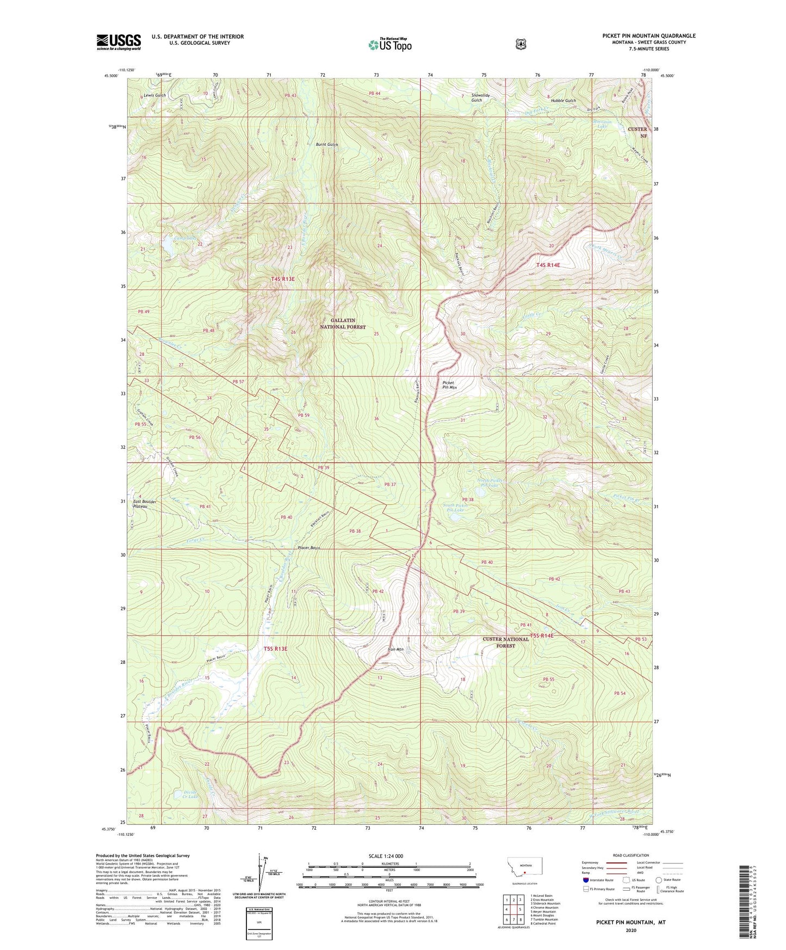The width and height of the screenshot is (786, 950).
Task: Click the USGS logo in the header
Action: pos(119,42)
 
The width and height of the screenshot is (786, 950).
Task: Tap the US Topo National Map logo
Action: pos(389,44)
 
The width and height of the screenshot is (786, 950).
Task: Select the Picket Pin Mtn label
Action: pos(449,385)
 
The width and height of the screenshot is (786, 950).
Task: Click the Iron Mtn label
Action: pos(395,649)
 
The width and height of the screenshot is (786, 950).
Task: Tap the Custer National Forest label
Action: pos(506,642)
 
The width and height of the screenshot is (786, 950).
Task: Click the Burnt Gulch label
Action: pos(327,145)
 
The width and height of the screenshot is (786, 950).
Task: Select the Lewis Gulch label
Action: pos(155,95)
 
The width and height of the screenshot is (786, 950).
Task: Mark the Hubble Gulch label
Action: pos(563,101)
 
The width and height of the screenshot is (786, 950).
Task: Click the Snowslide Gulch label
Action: pos(476,97)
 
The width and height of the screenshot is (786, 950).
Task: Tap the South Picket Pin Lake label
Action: pos(455,508)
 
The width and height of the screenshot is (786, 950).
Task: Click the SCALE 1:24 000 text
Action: pos(386,856)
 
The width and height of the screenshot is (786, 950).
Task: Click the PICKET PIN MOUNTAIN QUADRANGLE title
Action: pos(648,36)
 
